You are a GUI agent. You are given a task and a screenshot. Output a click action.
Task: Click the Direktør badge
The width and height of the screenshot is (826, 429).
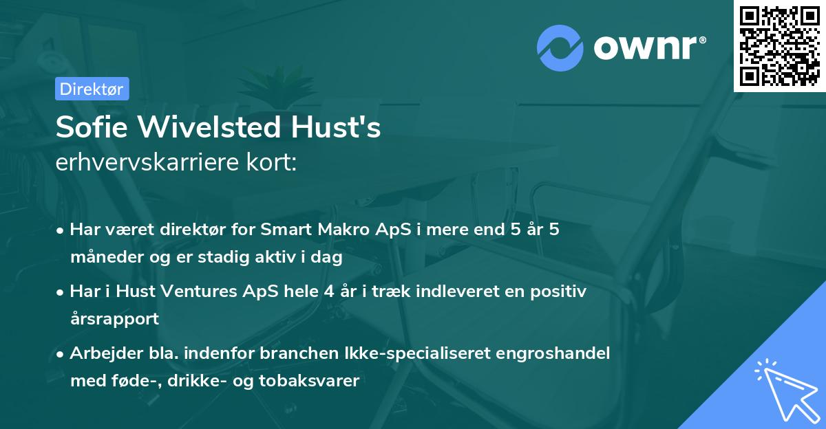[x=92, y=89]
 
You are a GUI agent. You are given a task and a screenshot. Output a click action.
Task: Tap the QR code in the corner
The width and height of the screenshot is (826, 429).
[x=779, y=45]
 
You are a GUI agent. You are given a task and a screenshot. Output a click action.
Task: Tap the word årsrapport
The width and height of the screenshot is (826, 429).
[x=114, y=319]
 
